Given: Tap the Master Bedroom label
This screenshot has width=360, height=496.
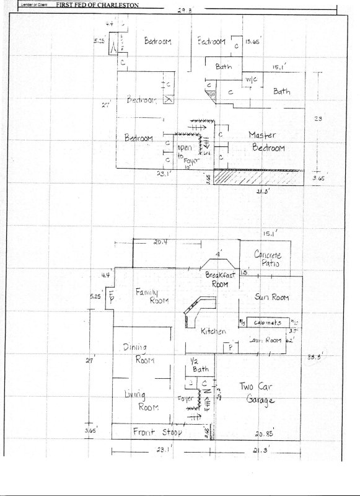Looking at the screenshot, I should click(x=266, y=141).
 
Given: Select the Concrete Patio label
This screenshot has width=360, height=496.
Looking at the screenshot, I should click(x=268, y=259).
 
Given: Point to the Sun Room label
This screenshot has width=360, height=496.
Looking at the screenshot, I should click(x=272, y=298).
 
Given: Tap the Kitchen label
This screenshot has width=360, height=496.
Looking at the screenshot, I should click(x=212, y=333).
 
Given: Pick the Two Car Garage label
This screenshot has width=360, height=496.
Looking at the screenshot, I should click(x=256, y=394).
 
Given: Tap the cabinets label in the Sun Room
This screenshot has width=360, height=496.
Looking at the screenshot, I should click(x=267, y=323).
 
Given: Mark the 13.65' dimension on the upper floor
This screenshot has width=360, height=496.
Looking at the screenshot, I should click(x=252, y=42).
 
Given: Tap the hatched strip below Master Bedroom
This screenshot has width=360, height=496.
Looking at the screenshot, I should click(x=260, y=177).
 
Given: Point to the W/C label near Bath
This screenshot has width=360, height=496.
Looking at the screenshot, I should click(x=251, y=79).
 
